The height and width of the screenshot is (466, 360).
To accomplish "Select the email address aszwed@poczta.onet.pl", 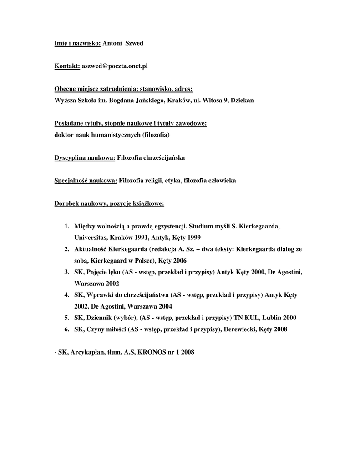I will pos(115,66).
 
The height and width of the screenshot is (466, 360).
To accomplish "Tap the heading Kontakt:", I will pos(67,66).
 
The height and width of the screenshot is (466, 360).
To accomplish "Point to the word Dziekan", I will pos(242,100).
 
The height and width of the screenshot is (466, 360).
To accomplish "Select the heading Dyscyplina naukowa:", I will pos(85,158).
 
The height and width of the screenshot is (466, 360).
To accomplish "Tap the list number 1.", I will pos(66,226).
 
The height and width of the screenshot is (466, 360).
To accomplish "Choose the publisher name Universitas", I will pos(91,238).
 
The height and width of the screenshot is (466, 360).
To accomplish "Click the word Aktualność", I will pos(92,249).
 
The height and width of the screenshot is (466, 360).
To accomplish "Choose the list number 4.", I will pos(66,294).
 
